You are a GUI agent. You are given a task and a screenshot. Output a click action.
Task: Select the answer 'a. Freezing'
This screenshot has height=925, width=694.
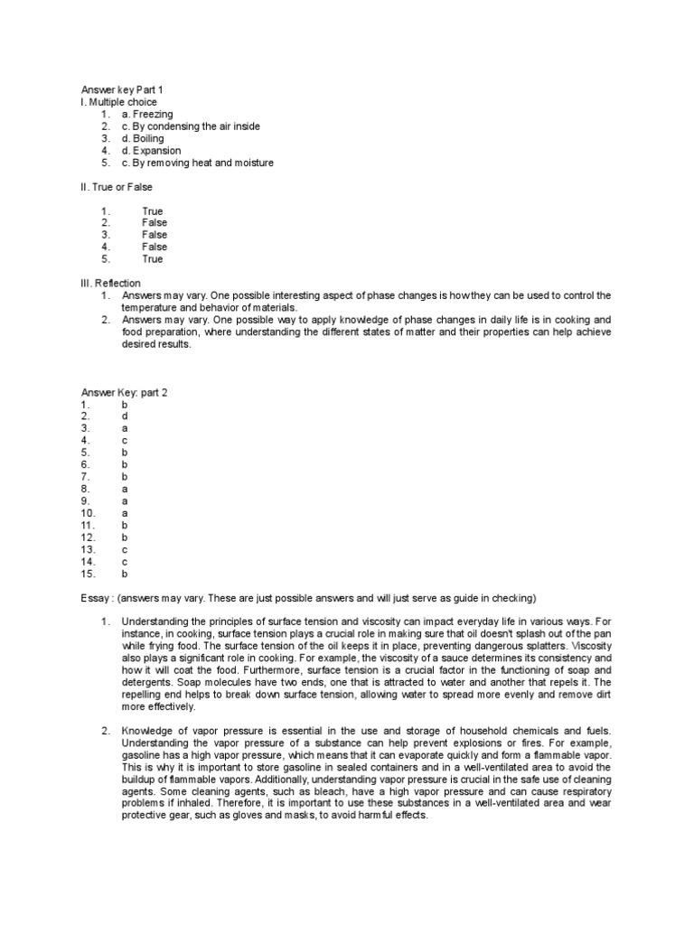click(x=148, y=115)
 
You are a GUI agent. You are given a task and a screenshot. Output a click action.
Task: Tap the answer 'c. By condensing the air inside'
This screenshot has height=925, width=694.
click(x=190, y=126)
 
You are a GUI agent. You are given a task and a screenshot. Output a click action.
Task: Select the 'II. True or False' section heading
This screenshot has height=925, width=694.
click(x=117, y=187)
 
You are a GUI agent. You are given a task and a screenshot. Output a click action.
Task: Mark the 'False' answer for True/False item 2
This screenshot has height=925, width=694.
click(x=155, y=223)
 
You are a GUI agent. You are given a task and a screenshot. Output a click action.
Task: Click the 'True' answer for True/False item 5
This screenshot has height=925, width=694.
click(x=153, y=259)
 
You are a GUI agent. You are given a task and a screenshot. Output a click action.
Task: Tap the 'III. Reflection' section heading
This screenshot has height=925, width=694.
click(x=110, y=284)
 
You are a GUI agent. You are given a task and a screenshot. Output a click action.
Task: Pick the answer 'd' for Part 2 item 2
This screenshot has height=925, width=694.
click(x=125, y=416)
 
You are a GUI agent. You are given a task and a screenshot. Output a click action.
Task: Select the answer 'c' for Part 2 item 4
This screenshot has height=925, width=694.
click(x=125, y=440)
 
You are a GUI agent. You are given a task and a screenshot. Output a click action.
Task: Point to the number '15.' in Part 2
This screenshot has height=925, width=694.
click(x=88, y=573)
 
